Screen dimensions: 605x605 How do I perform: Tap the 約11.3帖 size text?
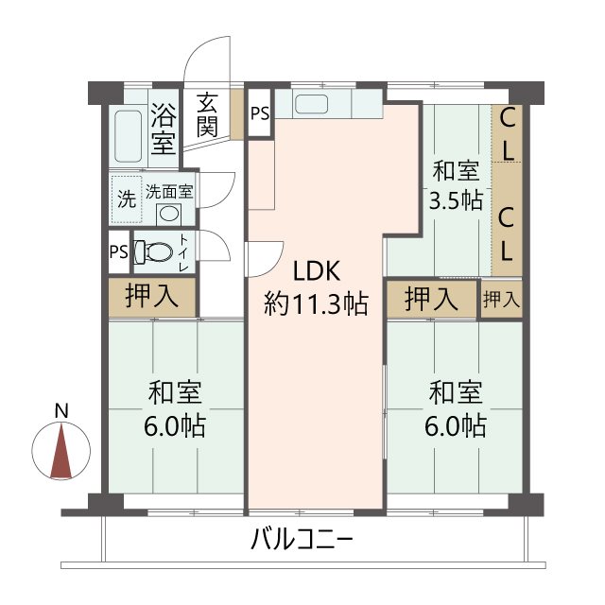click(315, 303)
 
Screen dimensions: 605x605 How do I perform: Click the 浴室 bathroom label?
click(163, 130)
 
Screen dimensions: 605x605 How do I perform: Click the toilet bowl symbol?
click(155, 251)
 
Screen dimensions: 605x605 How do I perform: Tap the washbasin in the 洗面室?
click(168, 212)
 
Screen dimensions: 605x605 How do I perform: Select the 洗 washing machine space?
click(125, 199)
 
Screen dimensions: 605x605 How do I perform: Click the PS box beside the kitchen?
click(259, 113)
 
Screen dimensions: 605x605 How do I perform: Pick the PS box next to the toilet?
click(118, 251)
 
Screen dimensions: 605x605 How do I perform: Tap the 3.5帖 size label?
click(456, 200)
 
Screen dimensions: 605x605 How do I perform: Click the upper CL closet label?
click(508, 133)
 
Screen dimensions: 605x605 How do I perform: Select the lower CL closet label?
click(508, 233)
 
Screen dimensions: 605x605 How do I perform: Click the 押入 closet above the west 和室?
click(152, 296)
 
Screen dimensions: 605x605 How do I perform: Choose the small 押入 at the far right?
click(501, 300)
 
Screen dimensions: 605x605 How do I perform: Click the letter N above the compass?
click(61, 411)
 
